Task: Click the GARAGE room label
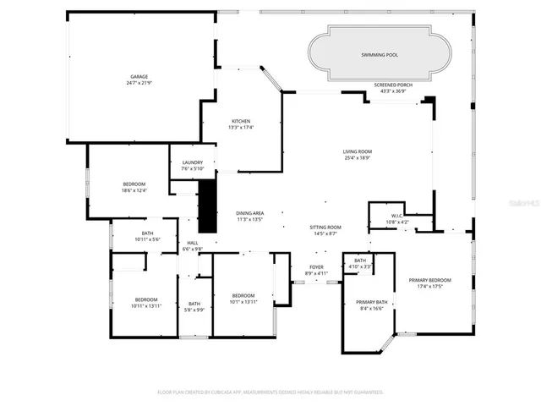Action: [x=139, y=77]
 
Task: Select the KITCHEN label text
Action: [x=241, y=121]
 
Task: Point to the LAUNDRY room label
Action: [x=191, y=162]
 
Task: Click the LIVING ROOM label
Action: [x=357, y=151]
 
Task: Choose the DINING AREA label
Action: [x=249, y=213]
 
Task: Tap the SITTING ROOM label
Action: [x=325, y=227]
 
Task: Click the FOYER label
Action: [x=315, y=267]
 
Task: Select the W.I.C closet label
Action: [x=397, y=216]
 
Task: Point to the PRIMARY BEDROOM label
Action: [x=429, y=280]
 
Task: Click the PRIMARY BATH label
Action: [x=371, y=302]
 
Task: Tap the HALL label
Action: [x=192, y=243]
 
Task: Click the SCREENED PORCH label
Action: [x=392, y=85]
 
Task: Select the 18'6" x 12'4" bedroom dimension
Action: [x=134, y=190]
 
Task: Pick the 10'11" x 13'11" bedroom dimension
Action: [x=146, y=306]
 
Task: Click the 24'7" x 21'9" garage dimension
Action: [x=139, y=83]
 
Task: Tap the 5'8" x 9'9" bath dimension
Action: [x=194, y=310]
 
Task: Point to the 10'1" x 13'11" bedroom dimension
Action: [x=243, y=302]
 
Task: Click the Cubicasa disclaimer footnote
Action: [x=270, y=392]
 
